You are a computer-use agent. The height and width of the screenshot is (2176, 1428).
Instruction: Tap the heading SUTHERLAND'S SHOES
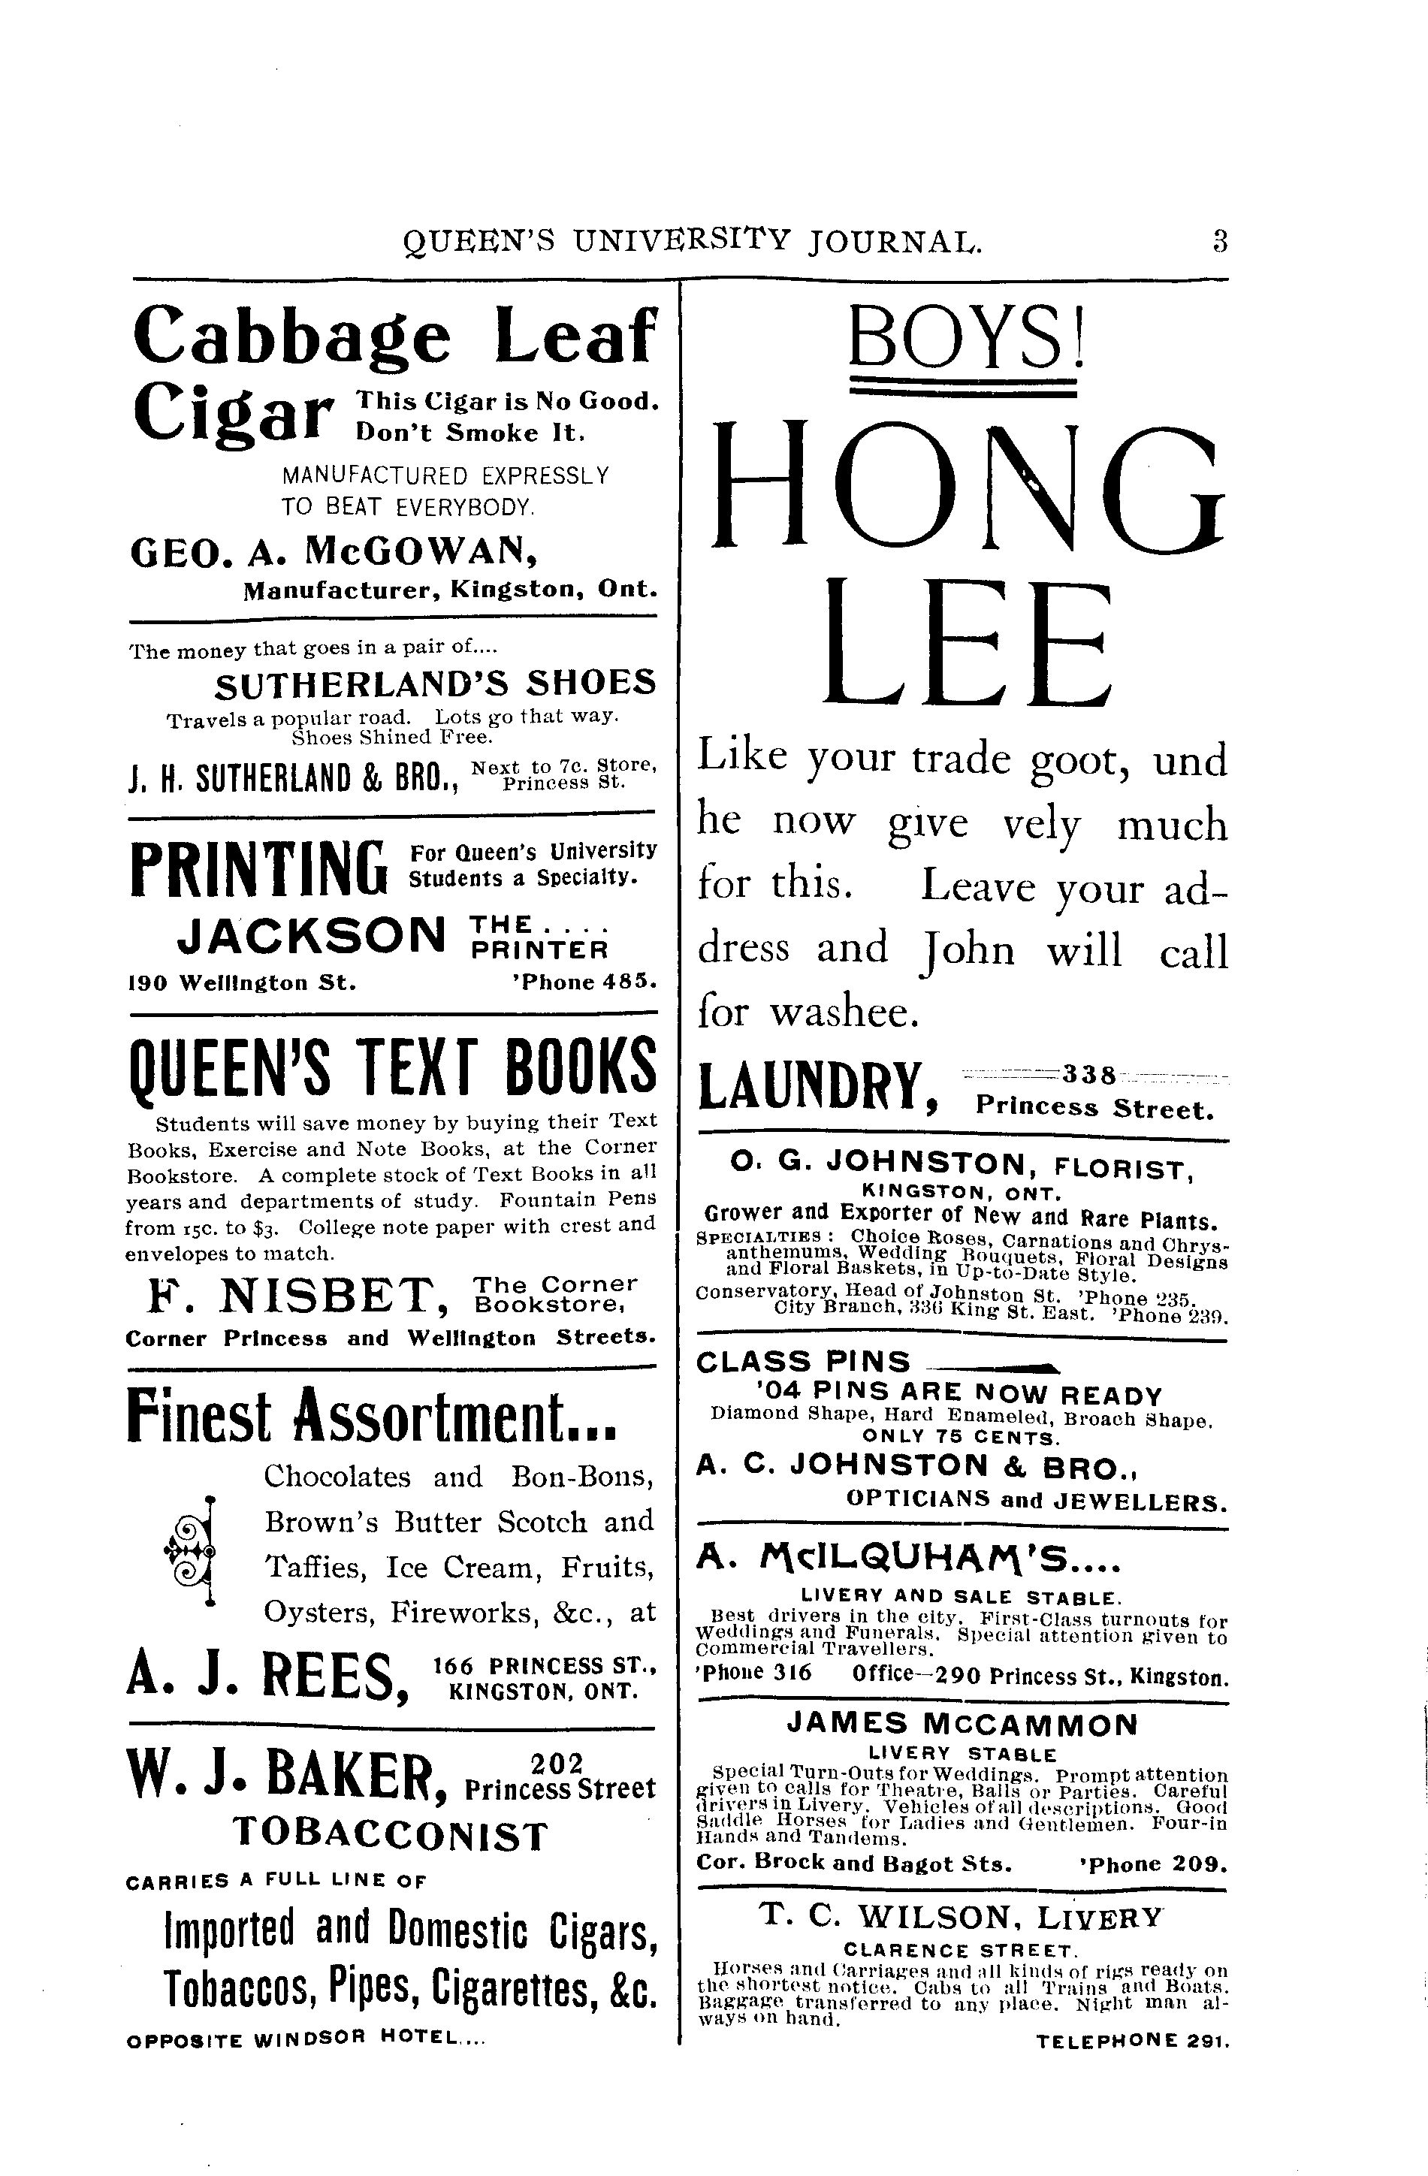[x=435, y=682]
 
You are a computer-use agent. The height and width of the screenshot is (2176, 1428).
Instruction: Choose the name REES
[x=328, y=1680]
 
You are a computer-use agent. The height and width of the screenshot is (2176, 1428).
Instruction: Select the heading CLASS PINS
[x=803, y=1363]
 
